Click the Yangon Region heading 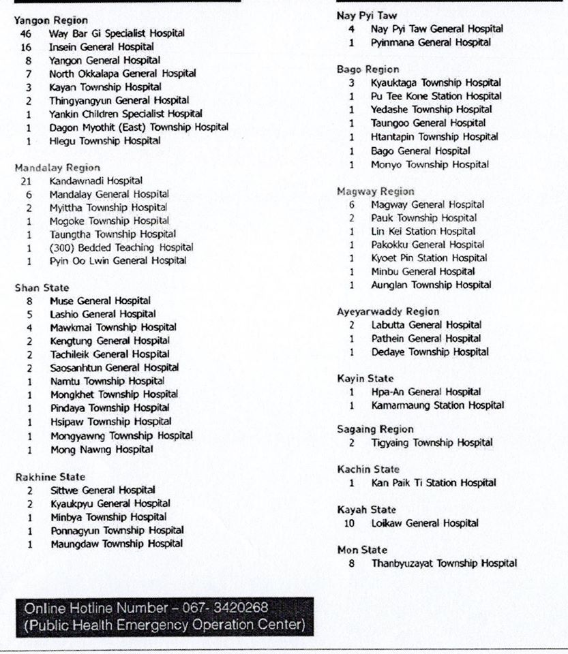coord(50,20)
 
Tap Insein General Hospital coord(101,47)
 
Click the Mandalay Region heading coord(57,168)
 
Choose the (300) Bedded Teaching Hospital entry coord(121,248)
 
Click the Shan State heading coord(42,288)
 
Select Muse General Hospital coord(100,301)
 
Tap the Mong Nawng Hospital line coord(102,450)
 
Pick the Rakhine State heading coord(50,478)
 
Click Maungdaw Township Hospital coord(117,544)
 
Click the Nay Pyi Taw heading coord(367,16)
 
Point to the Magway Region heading coord(375,191)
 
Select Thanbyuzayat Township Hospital coord(444,563)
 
